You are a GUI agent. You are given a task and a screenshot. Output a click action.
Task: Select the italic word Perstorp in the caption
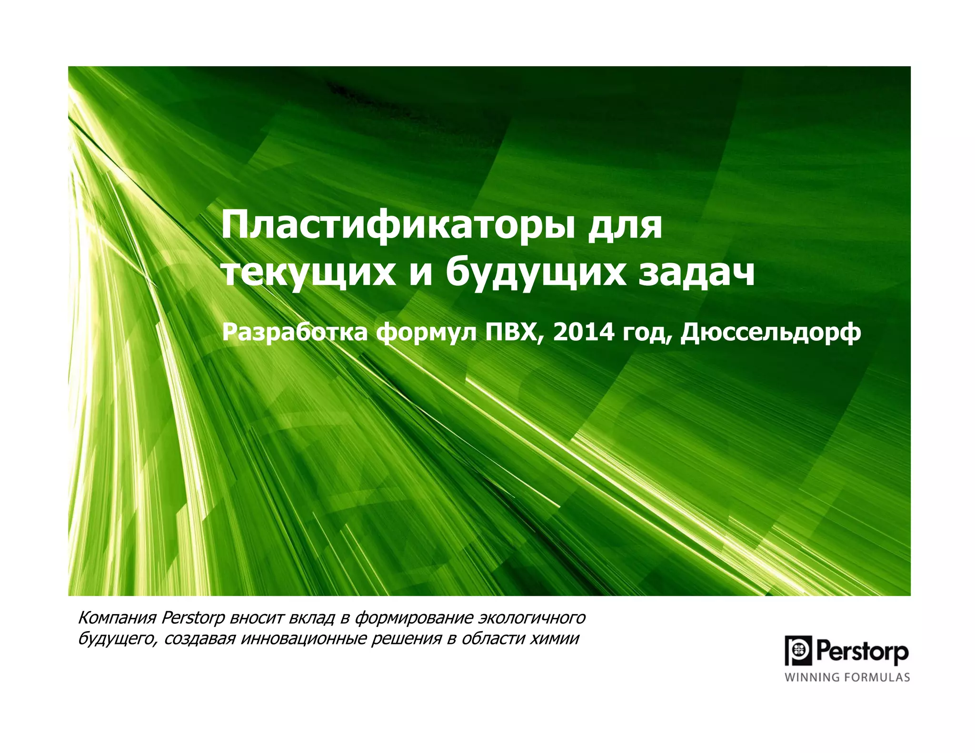(193, 618)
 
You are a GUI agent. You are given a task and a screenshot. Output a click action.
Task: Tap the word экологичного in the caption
(532, 618)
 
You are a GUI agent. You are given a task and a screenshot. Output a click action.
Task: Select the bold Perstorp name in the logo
(862, 651)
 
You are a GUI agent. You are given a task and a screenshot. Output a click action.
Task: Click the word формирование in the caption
(414, 618)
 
